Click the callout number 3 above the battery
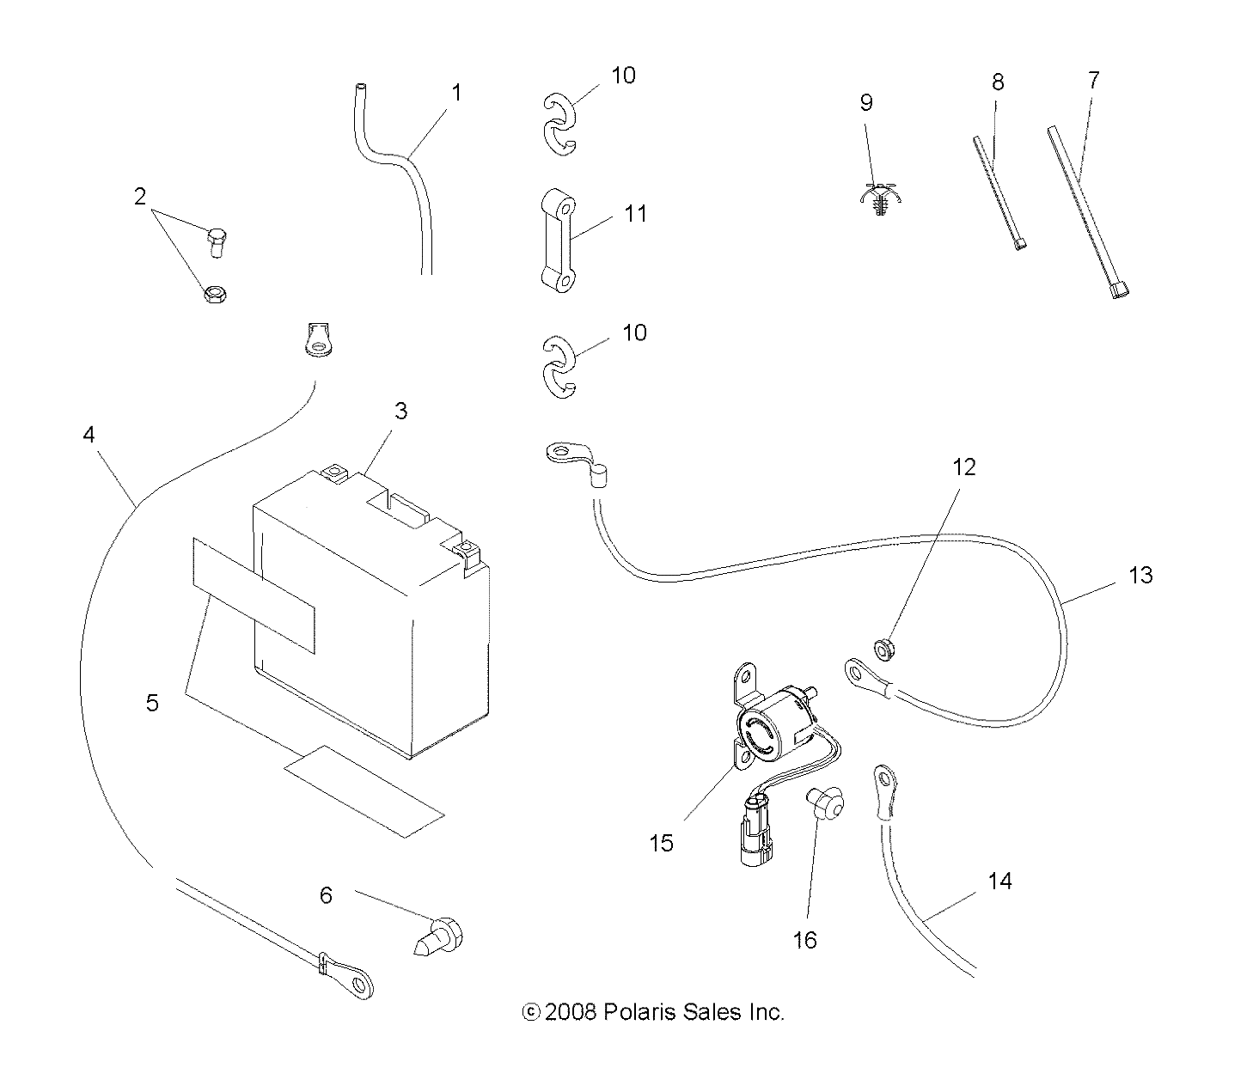pos(400,412)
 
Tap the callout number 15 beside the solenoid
pos(662,843)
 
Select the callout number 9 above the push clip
pos(866,103)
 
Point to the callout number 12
pos(964,467)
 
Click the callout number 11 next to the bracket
pos(635,213)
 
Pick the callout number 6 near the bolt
pos(326,895)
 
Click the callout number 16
pos(805,940)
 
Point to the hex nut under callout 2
pos(212,293)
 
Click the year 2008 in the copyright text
pos(571,1012)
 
